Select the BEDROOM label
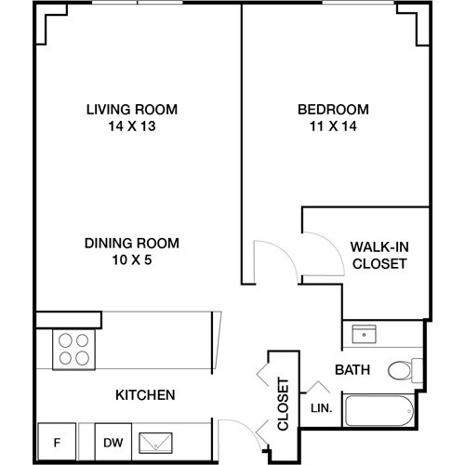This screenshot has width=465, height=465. pyautogui.click(x=334, y=109)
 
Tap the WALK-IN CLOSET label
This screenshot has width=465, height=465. pyautogui.click(x=379, y=255)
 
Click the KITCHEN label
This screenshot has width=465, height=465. pyautogui.click(x=144, y=395)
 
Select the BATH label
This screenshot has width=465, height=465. pyautogui.click(x=352, y=370)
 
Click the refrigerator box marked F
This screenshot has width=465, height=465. pyautogui.click(x=55, y=442)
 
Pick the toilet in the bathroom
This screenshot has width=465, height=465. pyautogui.click(x=405, y=370)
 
